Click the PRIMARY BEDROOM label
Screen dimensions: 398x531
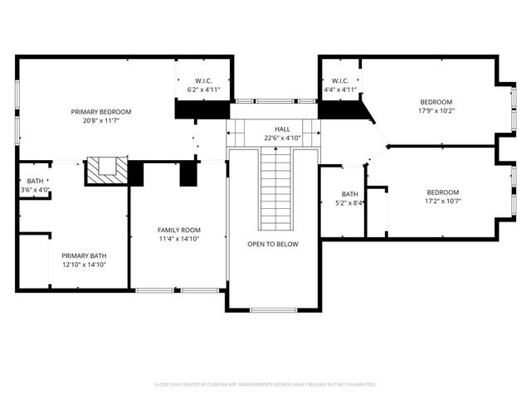click(x=101, y=111)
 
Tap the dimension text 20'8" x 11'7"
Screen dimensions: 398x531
click(x=101, y=120)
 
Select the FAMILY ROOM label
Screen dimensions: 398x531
click(x=179, y=230)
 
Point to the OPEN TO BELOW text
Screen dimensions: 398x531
click(x=272, y=244)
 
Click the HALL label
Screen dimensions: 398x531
click(x=282, y=129)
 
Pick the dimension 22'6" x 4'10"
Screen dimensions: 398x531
click(x=282, y=138)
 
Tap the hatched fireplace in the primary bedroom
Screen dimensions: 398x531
click(x=107, y=169)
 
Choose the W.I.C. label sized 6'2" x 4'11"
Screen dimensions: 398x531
click(x=204, y=80)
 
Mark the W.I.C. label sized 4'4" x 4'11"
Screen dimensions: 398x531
click(x=339, y=80)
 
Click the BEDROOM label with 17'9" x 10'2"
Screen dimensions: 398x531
click(x=436, y=101)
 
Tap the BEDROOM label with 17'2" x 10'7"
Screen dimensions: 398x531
click(x=442, y=191)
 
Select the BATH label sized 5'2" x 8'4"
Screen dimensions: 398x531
click(x=349, y=194)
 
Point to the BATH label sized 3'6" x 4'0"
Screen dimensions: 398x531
click(x=35, y=181)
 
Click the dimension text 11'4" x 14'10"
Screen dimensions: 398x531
click(x=179, y=239)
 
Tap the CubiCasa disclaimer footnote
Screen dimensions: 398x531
click(x=265, y=385)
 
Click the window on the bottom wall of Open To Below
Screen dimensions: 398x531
click(x=273, y=310)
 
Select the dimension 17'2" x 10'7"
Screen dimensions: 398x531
click(x=442, y=200)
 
